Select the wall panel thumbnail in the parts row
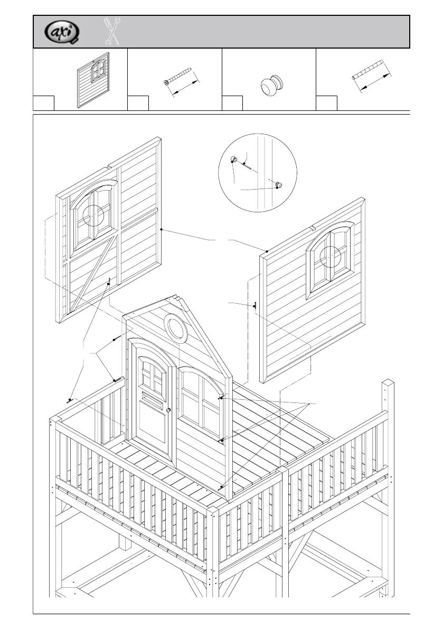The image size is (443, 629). click(x=93, y=79)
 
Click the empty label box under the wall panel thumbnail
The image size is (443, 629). click(x=44, y=104)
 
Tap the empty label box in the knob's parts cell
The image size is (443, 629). click(x=232, y=104)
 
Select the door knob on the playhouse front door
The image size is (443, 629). click(x=168, y=410)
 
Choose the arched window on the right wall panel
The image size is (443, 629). click(x=330, y=258)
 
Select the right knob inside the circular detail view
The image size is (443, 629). click(x=278, y=184)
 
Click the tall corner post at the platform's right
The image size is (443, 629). click(x=388, y=449)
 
